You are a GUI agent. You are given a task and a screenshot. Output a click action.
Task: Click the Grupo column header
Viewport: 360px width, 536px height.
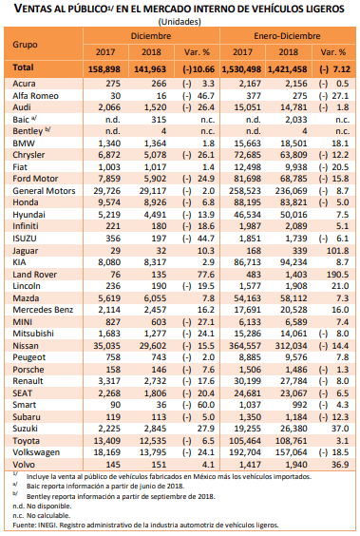(25, 45)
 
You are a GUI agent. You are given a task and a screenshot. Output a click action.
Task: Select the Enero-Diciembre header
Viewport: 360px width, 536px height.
(287, 36)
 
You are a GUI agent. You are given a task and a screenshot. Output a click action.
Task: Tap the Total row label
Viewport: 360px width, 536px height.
(23, 67)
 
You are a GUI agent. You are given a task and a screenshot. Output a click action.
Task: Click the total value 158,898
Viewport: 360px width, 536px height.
(104, 69)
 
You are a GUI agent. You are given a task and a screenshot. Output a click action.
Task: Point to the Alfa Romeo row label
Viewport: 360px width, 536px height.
(35, 96)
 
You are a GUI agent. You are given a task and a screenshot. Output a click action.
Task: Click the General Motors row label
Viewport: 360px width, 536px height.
(44, 191)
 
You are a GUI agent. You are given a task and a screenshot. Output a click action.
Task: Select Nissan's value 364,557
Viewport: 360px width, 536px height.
(245, 346)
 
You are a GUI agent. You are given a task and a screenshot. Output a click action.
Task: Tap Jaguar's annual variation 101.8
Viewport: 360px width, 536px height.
(337, 251)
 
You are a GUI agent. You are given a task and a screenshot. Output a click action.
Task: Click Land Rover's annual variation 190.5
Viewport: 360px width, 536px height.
(337, 275)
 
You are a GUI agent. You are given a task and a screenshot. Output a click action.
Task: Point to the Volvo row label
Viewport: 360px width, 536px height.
(24, 465)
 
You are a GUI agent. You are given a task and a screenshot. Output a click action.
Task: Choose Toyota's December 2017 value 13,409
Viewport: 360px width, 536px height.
(107, 441)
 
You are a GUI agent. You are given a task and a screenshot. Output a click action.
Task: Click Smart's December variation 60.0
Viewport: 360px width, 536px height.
(206, 405)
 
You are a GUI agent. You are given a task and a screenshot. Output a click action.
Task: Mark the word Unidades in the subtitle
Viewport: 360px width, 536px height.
(180, 22)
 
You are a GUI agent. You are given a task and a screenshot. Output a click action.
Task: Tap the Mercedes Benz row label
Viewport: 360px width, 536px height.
(43, 310)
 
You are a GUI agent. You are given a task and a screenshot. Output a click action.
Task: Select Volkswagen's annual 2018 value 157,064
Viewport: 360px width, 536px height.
(291, 452)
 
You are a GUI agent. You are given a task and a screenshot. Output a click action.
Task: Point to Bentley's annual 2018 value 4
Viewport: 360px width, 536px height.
(304, 131)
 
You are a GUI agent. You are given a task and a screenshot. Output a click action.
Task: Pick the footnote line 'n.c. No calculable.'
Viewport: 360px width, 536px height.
(42, 515)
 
